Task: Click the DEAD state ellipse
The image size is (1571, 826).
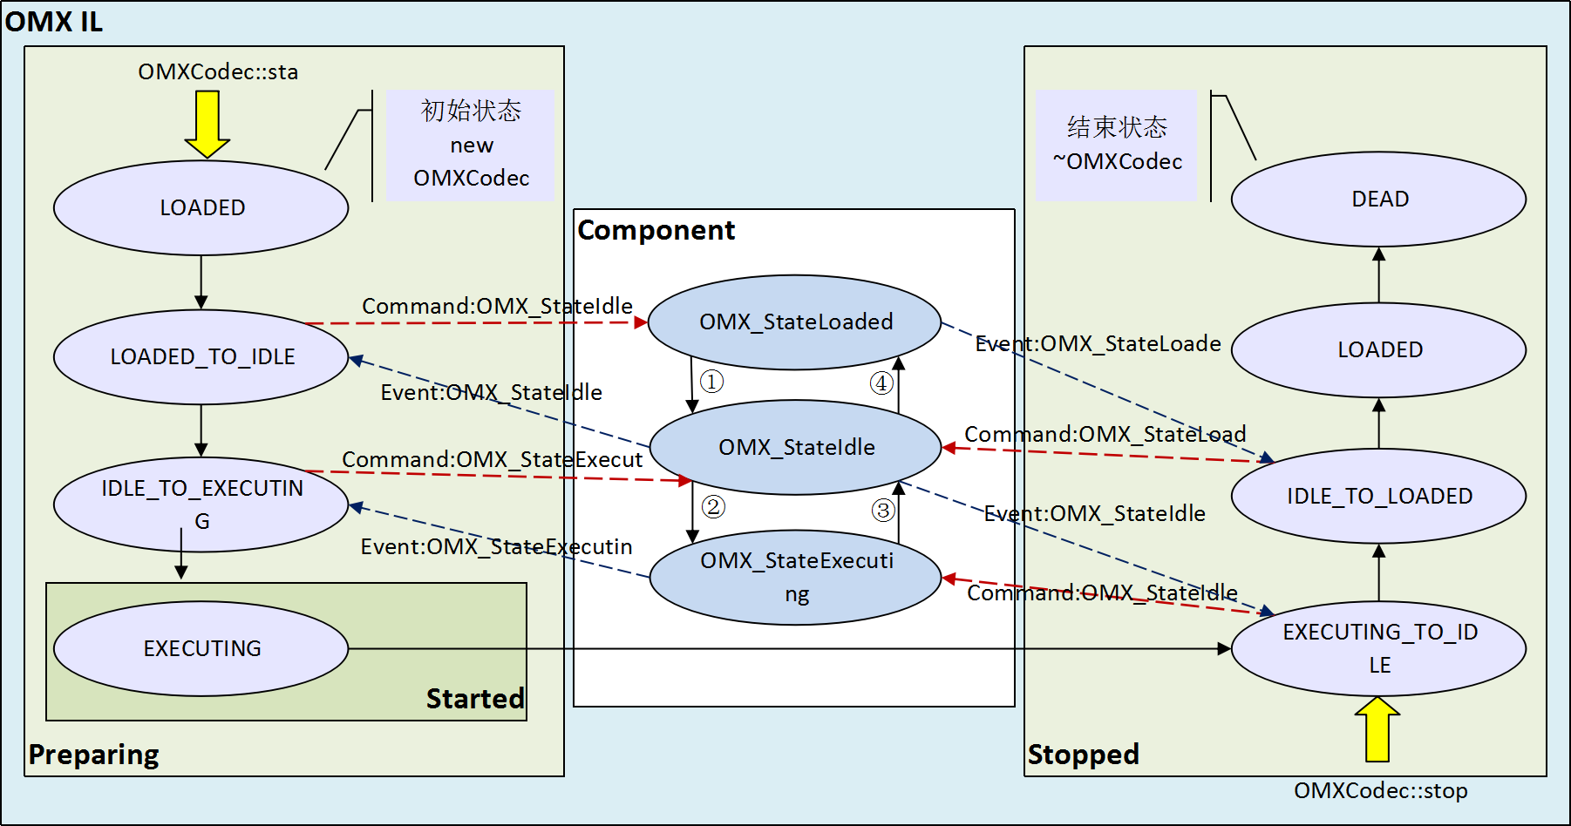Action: (x=1378, y=200)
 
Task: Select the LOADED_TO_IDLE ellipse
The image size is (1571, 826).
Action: (x=201, y=357)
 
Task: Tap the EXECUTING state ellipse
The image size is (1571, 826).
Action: (x=201, y=648)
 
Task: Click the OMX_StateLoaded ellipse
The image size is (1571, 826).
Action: (x=795, y=322)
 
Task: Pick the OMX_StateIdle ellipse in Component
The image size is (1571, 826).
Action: (x=795, y=447)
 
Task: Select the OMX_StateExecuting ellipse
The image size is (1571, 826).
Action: (x=795, y=577)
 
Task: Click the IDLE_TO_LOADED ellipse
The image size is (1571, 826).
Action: (x=1378, y=496)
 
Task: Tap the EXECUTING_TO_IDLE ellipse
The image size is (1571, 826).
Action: (x=1378, y=648)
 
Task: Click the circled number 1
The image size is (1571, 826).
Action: (x=712, y=382)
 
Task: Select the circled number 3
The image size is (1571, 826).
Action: (x=883, y=510)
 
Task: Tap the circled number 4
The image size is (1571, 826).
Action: (x=881, y=383)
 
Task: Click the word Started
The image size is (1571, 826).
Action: (x=475, y=699)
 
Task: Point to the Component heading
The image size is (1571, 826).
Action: (x=656, y=230)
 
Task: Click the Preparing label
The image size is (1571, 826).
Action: (x=93, y=755)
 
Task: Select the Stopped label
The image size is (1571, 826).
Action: (x=1083, y=755)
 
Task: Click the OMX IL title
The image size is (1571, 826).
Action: (x=54, y=21)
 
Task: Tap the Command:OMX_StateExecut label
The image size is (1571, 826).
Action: (x=492, y=459)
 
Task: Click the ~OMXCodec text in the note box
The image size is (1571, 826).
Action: (x=1118, y=162)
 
